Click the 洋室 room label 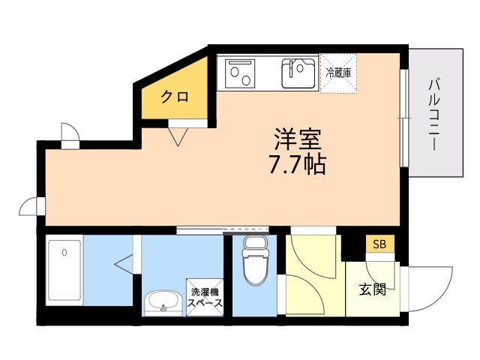pos(297,139)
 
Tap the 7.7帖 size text pos(297,164)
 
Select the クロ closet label pos(175,97)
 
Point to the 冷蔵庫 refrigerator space pos(338,73)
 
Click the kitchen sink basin pos(298,73)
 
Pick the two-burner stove pos(240,73)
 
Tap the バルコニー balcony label pos(433,114)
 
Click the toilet pos(256,260)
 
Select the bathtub pos(64,270)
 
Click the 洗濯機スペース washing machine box pos(205,297)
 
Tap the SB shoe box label pos(379,244)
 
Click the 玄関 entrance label pos(372,289)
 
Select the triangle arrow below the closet pos(178,136)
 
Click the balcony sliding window pos(404,118)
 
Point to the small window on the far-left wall pos(41,207)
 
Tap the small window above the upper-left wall pos(70,145)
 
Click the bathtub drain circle pos(64,253)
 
